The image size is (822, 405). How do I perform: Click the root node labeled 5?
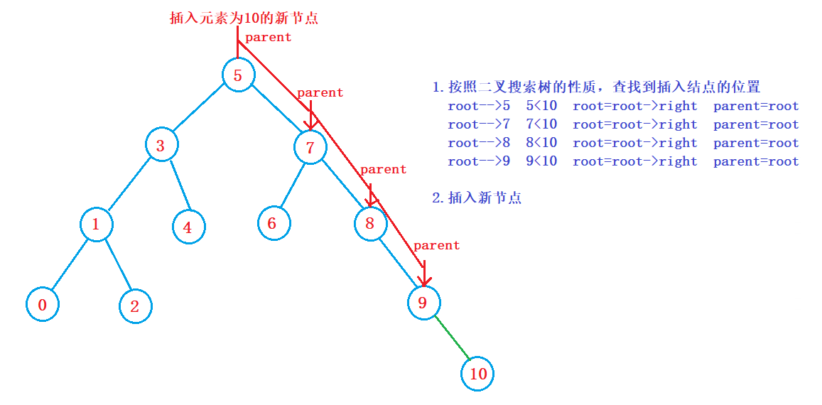click(x=238, y=75)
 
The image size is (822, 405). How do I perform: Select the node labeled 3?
click(x=161, y=146)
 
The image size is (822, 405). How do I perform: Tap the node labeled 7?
click(x=310, y=148)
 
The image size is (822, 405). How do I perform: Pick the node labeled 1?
click(x=96, y=225)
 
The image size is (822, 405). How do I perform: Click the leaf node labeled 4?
click(x=188, y=228)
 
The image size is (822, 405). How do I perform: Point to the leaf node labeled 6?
click(x=273, y=223)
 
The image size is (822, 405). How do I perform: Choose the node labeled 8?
click(x=370, y=224)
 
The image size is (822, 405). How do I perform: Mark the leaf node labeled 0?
click(x=43, y=305)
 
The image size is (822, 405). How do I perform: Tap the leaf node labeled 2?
click(x=135, y=306)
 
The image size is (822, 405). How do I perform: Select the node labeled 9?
click(x=423, y=303)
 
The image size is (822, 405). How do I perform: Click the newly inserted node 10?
click(x=477, y=374)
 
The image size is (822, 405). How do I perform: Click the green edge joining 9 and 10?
click(x=451, y=339)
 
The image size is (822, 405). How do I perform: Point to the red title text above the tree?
click(x=244, y=18)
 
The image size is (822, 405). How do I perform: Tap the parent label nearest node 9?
click(x=436, y=245)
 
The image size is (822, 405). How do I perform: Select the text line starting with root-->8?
click(x=623, y=143)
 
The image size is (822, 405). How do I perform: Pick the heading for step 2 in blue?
click(x=477, y=198)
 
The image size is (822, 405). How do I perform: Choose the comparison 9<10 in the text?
click(x=541, y=161)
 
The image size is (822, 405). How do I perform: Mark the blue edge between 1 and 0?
click(x=69, y=265)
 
